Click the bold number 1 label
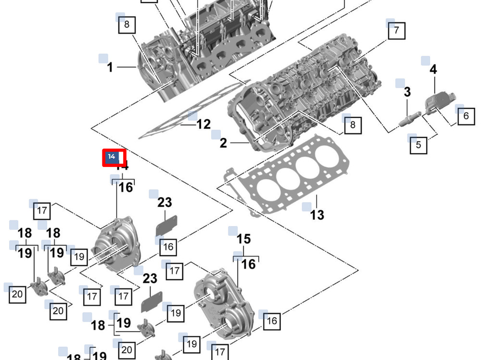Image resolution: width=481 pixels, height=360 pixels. point(110,67)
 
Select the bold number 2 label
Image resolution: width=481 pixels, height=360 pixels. point(223,143)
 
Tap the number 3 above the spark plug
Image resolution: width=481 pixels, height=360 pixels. point(407,91)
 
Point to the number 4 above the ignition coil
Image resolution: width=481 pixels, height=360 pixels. point(433,69)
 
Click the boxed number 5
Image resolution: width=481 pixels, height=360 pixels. point(418,144)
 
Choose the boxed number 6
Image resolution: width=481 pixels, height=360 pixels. point(466,116)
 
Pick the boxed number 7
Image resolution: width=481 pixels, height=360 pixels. point(396,30)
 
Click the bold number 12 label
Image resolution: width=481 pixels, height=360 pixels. point(203,125)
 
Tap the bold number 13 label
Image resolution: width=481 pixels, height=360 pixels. point(317,215)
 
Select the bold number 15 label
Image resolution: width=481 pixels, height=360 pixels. point(244,239)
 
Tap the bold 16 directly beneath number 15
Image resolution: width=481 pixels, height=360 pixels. point(248,264)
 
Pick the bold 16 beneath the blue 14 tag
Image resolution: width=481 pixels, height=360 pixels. point(126,187)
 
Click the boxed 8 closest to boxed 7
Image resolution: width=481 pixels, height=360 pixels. point(353,125)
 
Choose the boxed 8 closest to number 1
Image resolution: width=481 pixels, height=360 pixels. point(127,25)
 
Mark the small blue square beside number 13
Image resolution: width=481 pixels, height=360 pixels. point(306,207)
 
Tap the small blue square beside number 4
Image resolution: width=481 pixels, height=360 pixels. point(425,61)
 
